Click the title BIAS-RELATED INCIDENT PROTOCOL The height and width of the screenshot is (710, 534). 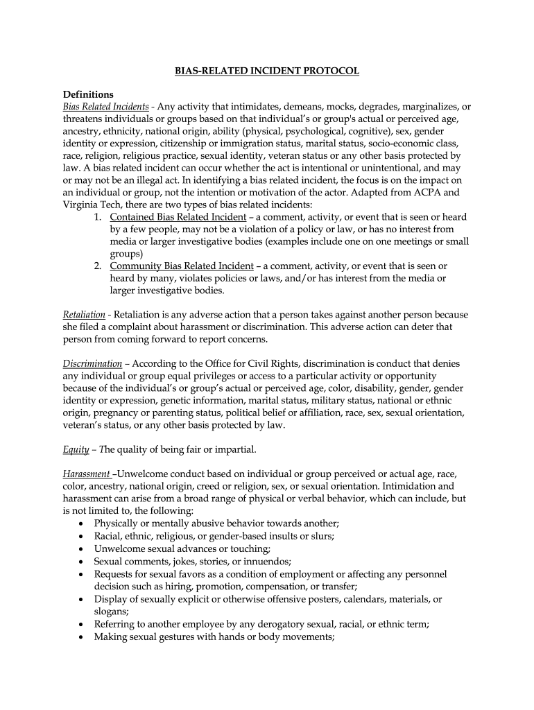pyautogui.click(x=266, y=71)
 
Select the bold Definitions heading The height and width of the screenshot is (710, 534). pyautogui.click(x=88, y=95)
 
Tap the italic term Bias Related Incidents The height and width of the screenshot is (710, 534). pyautogui.click(x=105, y=107)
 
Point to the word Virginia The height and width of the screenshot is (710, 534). pyautogui.click(x=80, y=205)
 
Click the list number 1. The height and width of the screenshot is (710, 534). pyautogui.click(x=98, y=217)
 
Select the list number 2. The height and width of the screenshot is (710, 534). pyautogui.click(x=98, y=266)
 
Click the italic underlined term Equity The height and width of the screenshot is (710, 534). pyautogui.click(x=76, y=449)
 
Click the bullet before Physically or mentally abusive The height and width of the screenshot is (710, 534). pyautogui.click(x=83, y=523)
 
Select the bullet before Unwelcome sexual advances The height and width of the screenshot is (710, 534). pyautogui.click(x=83, y=548)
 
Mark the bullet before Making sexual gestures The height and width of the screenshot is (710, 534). pyautogui.click(x=83, y=636)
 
